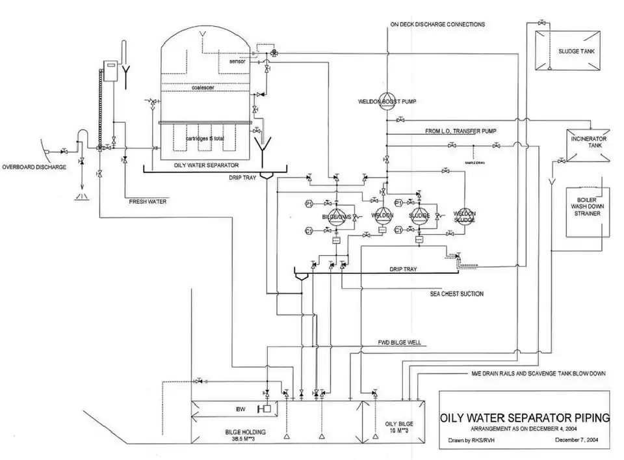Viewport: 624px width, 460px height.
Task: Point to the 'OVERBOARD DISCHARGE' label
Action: click(34, 168)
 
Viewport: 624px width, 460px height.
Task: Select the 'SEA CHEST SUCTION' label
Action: click(456, 294)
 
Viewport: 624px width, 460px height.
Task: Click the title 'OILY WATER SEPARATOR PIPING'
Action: click(525, 417)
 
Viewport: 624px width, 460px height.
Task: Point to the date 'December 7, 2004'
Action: click(580, 440)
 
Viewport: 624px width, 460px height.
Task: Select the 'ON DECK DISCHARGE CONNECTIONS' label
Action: click(437, 25)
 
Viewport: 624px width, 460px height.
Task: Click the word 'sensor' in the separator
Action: click(239, 61)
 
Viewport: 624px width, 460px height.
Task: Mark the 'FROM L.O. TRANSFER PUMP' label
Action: click(461, 131)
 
